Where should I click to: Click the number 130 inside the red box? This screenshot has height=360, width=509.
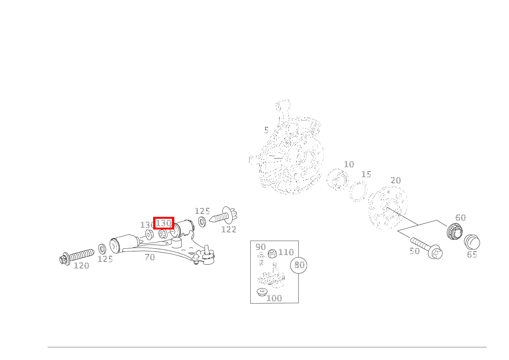tap(164, 223)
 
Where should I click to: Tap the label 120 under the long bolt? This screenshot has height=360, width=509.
tap(82, 266)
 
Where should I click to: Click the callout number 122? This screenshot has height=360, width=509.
tap(229, 230)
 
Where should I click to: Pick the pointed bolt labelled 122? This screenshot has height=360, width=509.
tap(223, 215)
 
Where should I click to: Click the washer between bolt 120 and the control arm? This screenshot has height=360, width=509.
tap(102, 249)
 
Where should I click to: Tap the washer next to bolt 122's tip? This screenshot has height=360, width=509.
tap(202, 222)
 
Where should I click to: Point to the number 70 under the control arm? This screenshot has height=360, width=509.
tap(150, 257)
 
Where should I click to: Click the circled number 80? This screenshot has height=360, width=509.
tap(299, 265)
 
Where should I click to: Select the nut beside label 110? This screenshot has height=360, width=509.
tap(272, 254)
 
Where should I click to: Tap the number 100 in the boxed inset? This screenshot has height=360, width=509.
tap(274, 298)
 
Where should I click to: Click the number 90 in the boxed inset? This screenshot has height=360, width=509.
tap(261, 247)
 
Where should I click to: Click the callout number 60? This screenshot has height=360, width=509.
tap(461, 218)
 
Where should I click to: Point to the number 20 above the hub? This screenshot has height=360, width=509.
tap(396, 180)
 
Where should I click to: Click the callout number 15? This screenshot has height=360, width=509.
tap(366, 175)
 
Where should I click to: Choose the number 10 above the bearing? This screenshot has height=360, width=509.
tap(349, 164)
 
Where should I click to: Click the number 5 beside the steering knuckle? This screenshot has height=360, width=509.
tap(266, 130)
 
